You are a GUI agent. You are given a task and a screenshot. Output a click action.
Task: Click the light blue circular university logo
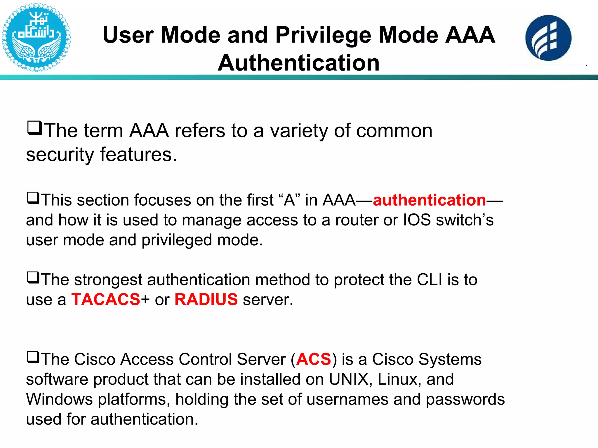[36, 37]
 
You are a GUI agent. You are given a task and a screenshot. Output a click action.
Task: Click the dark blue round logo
[548, 38]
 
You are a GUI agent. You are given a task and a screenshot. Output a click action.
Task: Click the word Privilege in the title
[323, 35]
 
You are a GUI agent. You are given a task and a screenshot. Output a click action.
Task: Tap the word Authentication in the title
[298, 63]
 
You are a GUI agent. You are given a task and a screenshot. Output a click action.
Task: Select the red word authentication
[429, 200]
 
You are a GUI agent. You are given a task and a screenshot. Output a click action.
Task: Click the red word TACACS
[106, 300]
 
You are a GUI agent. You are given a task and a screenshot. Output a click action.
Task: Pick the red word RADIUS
[206, 300]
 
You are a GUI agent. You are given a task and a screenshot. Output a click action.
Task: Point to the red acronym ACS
[314, 359]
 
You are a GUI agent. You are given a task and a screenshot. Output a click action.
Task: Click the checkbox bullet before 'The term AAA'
[34, 128]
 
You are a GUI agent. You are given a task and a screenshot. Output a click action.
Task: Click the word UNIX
[349, 379]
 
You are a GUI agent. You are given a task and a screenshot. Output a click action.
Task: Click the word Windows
[59, 399]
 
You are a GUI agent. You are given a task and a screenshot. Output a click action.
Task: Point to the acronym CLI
[429, 280]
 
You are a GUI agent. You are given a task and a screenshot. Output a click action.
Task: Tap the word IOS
[417, 220]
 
